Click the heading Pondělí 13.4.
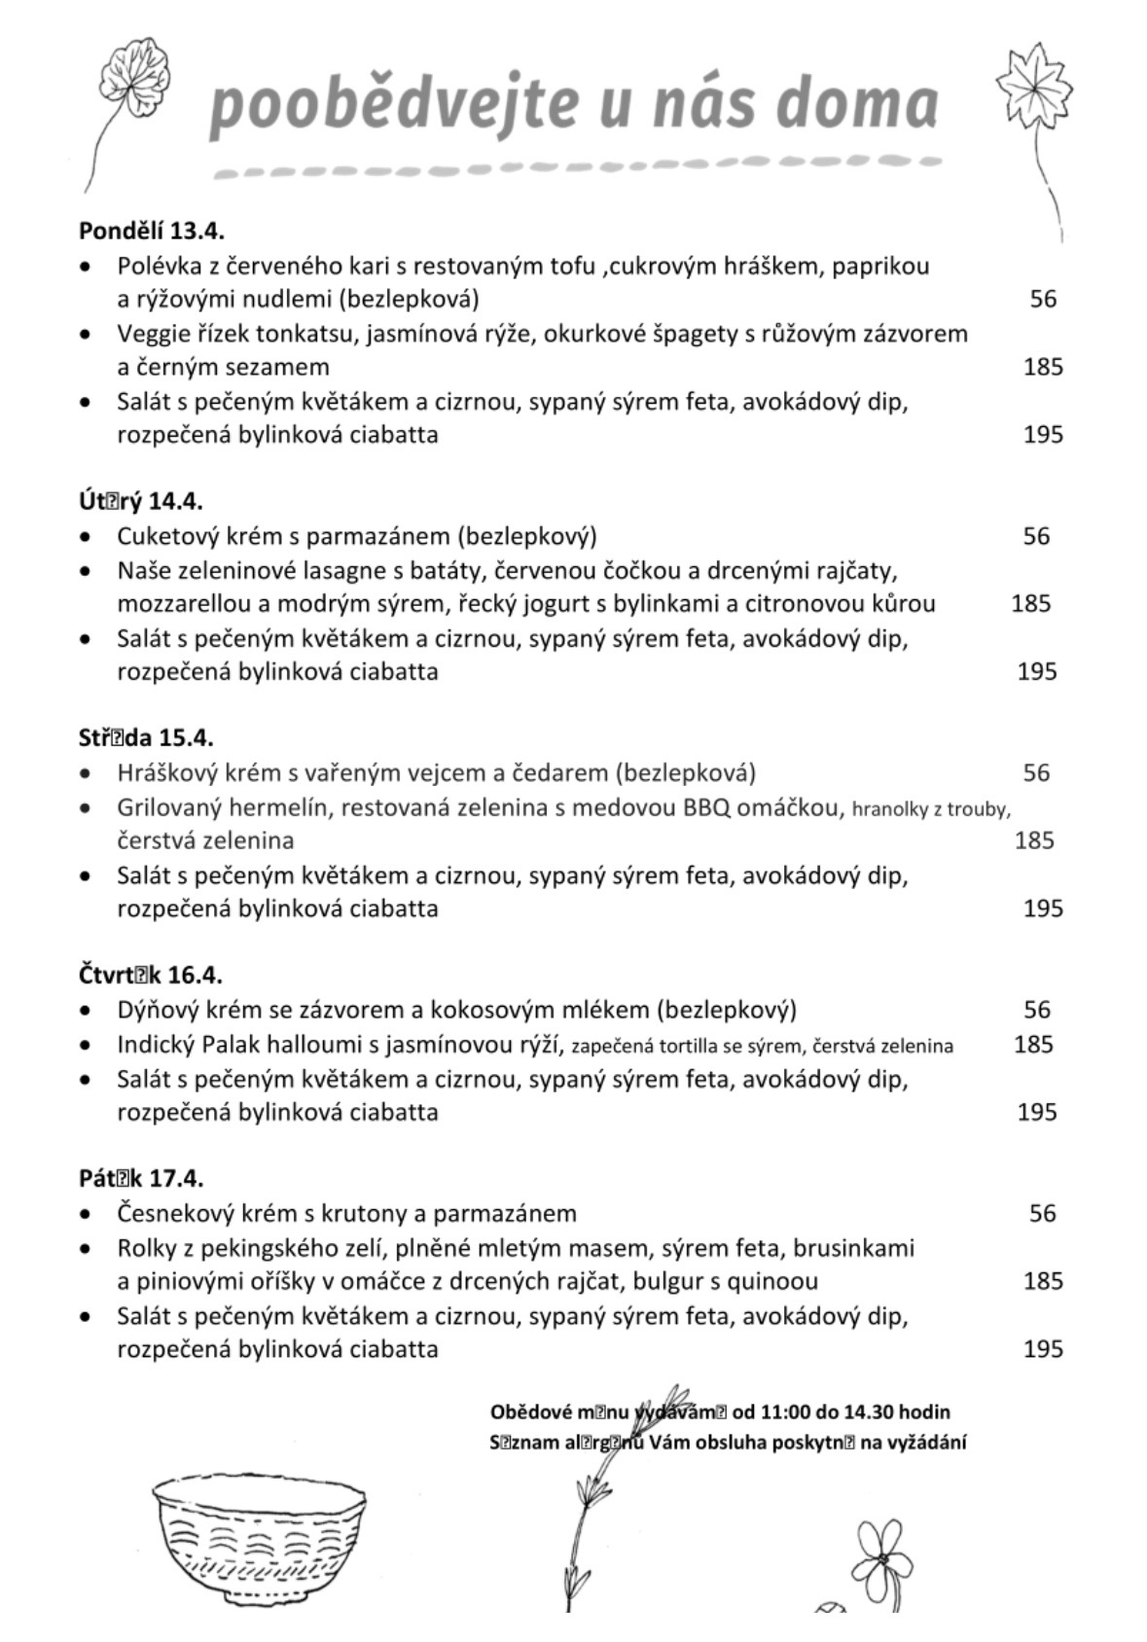click(152, 232)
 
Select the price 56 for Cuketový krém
click(1036, 536)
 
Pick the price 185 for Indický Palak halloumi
click(1033, 1045)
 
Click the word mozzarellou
click(185, 604)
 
